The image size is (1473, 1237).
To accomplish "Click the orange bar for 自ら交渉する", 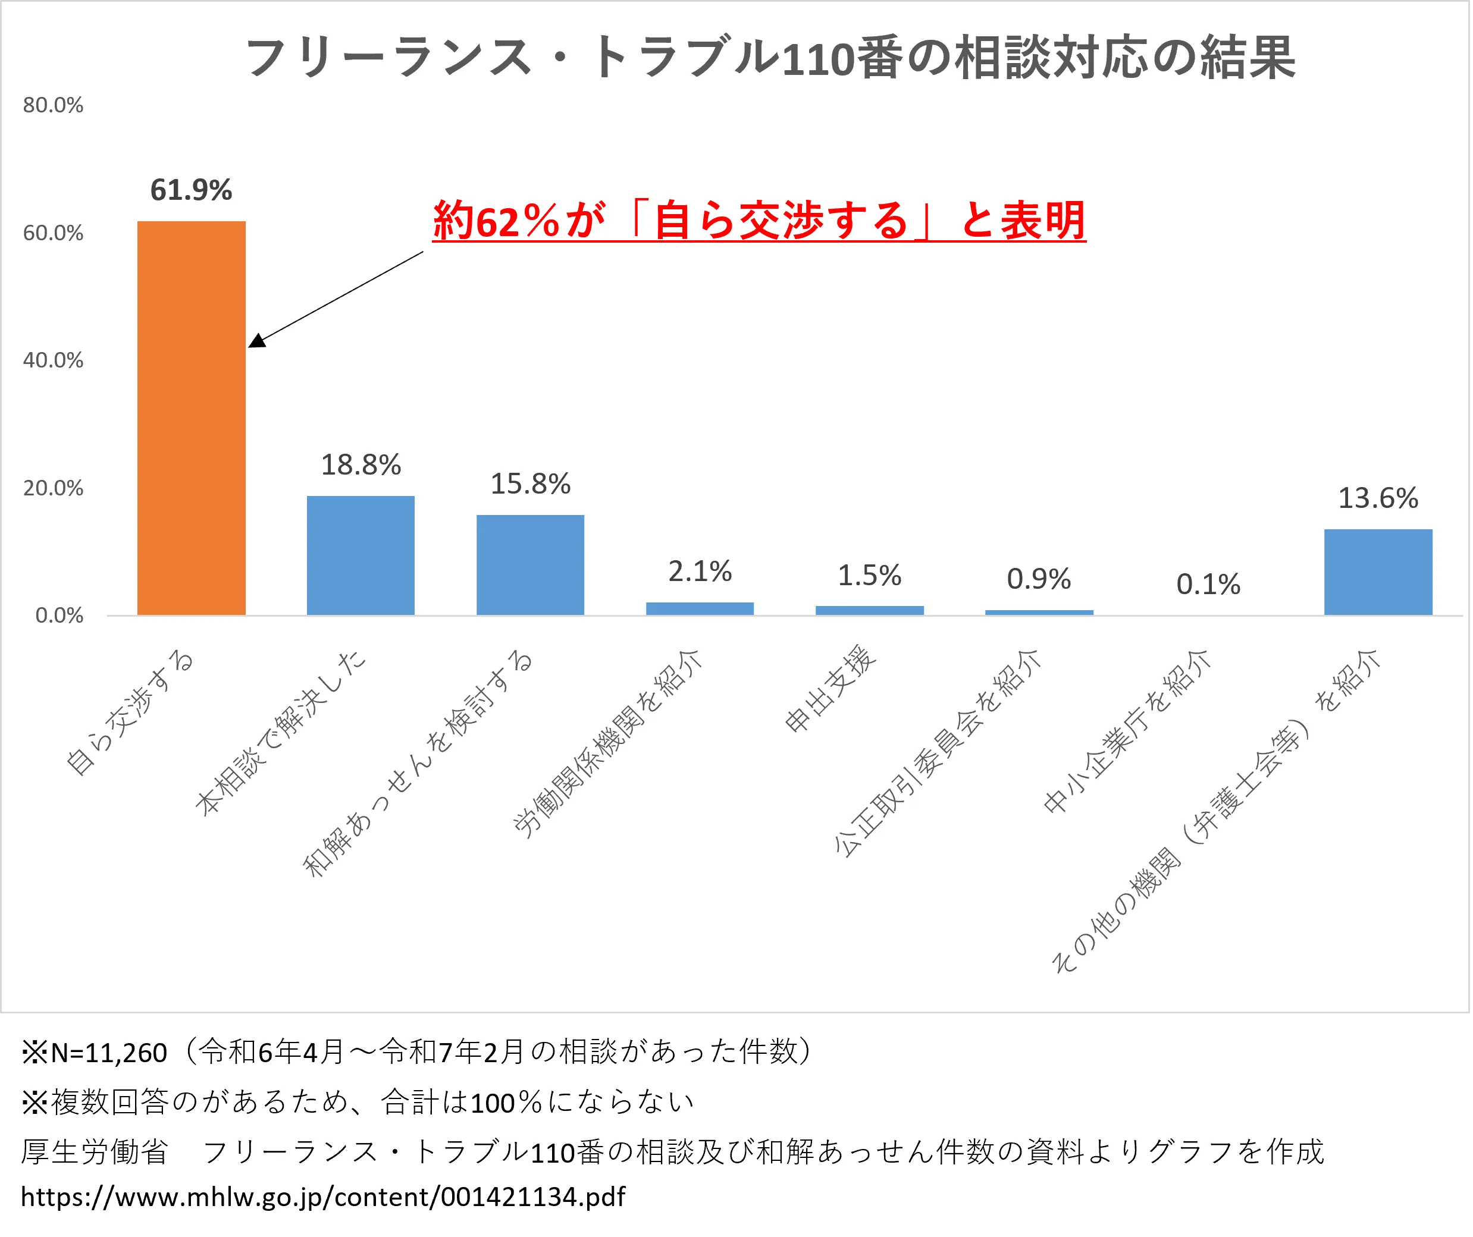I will pos(191,418).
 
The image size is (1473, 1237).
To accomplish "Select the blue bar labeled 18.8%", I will pos(361,555).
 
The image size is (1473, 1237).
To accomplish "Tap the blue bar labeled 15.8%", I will pos(530,564).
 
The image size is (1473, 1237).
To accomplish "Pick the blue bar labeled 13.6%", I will pos(1378,572).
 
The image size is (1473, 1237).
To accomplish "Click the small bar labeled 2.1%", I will pos(700,608).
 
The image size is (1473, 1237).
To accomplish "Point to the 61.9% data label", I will pos(191,190).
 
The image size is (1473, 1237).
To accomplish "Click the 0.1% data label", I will pos(1208,584).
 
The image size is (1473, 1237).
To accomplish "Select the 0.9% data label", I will pos(1038,579).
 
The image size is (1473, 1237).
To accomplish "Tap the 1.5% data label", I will pos(869,576).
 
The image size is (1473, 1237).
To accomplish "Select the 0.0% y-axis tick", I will pos(59,616).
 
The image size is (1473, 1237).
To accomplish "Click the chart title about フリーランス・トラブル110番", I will pos(769,58).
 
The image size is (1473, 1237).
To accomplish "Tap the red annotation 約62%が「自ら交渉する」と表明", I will pos(759,220).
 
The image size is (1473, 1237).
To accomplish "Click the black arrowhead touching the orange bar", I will pos(257,340).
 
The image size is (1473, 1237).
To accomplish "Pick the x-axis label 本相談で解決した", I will pos(281,732).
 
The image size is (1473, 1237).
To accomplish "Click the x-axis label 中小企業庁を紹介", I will pos(1127,731).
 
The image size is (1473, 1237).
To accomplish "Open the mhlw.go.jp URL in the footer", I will pos(322,1197).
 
